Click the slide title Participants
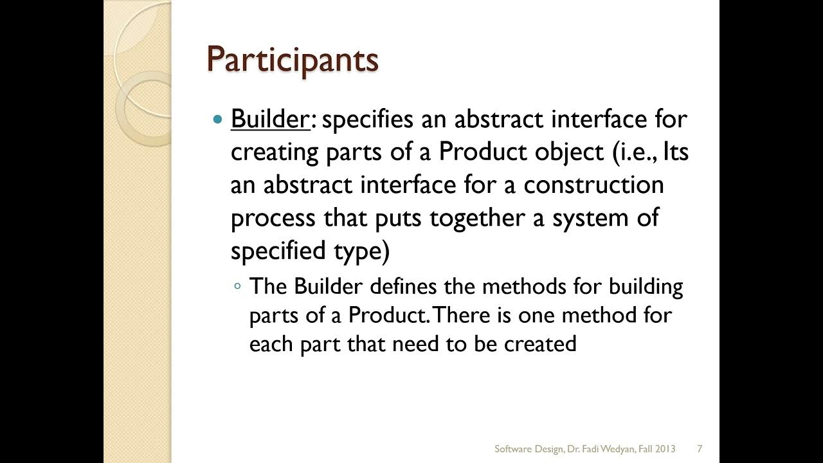coord(292,60)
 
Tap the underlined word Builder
coord(270,119)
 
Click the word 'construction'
coord(593,185)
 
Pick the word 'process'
coord(273,219)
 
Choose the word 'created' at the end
coord(539,343)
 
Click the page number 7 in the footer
coord(699,448)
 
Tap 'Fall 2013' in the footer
coord(655,448)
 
